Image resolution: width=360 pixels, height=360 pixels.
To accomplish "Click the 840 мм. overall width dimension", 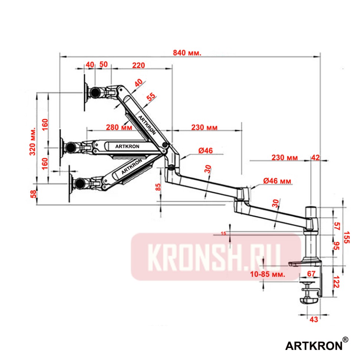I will click(187, 53).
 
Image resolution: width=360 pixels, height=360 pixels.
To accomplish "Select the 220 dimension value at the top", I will click(138, 65).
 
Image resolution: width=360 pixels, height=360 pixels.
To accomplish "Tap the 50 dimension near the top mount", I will click(104, 64).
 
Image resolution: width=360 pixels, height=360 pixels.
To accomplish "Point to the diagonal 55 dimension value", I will click(151, 97).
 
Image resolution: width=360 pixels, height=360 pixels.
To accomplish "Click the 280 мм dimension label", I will click(119, 127).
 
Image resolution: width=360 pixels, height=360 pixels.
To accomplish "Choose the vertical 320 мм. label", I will click(32, 141).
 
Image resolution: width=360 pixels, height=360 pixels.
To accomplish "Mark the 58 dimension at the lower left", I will click(33, 194).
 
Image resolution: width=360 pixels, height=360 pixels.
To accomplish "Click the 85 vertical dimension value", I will click(158, 186).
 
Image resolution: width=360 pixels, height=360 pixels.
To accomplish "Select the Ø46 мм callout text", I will click(277, 181).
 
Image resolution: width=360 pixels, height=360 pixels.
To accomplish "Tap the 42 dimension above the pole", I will click(315, 157).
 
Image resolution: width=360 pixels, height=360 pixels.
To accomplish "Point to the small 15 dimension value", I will click(223, 233).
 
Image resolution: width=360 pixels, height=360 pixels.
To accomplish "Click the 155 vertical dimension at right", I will click(347, 236).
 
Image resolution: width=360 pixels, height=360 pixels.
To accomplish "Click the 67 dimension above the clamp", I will click(311, 274).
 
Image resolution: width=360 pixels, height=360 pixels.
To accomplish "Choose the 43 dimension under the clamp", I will click(314, 319).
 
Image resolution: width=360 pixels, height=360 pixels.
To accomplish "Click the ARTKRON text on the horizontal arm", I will click(127, 146).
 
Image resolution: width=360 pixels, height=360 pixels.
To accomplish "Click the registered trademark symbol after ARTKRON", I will click(345, 340).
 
